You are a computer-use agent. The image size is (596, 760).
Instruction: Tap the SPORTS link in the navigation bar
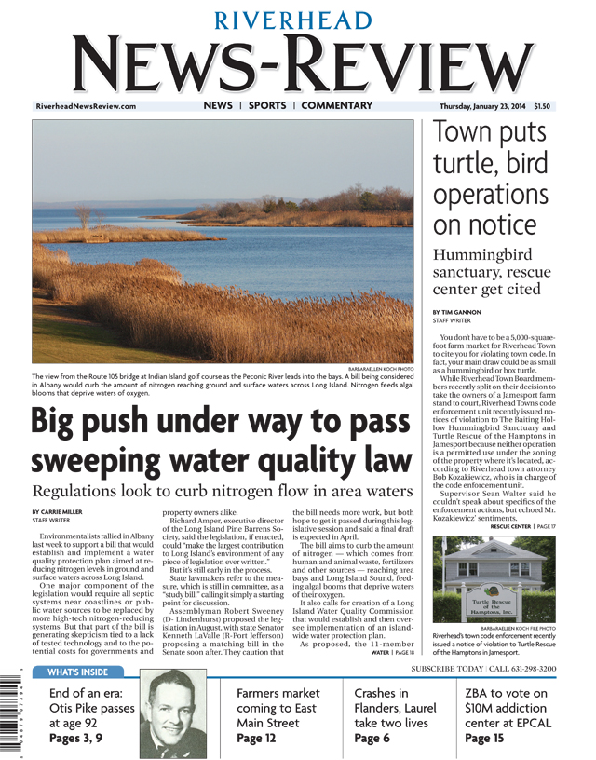267,106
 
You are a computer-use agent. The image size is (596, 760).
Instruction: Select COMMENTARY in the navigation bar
337,106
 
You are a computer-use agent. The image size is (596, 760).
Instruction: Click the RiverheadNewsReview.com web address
86,107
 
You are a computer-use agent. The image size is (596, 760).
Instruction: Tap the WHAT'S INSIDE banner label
76,672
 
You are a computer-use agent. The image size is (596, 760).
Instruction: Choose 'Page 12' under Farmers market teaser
256,739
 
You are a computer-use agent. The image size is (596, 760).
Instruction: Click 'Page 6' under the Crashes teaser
372,739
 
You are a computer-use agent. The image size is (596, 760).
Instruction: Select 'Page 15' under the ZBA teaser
484,739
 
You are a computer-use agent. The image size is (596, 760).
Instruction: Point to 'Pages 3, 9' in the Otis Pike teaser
80,739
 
